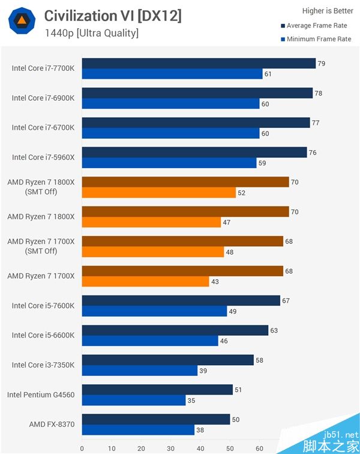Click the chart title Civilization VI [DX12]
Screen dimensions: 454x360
(113, 16)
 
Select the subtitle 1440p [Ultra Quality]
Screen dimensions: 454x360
(92, 33)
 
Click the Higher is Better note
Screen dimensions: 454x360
(328, 10)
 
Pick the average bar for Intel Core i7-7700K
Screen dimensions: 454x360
(199, 63)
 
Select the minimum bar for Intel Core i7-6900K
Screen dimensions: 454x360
(170, 103)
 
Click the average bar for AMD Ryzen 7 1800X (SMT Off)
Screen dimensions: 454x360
(185, 182)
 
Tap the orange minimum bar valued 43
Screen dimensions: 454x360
(145, 281)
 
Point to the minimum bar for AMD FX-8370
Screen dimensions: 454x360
(138, 429)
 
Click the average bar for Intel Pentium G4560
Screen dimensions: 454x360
(157, 390)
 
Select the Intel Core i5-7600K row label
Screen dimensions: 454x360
(43, 306)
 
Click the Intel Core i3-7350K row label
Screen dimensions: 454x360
(43, 365)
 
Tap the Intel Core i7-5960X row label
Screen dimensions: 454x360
(43, 157)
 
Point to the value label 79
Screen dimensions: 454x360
(321, 63)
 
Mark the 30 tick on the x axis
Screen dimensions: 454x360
(170, 448)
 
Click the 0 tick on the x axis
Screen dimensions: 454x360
(82, 448)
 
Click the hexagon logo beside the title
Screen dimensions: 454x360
(21, 22)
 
